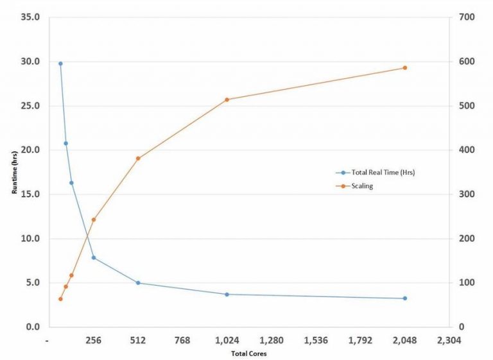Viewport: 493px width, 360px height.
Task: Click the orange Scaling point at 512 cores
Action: pos(138,158)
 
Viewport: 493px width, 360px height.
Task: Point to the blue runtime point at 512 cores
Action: pos(138,283)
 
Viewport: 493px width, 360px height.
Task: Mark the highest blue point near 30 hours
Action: pos(60,64)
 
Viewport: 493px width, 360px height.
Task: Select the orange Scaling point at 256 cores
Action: pos(94,219)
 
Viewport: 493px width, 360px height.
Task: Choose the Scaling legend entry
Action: pos(363,186)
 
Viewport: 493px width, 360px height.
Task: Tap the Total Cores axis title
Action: pos(248,354)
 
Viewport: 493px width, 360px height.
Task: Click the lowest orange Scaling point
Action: pos(60,299)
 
